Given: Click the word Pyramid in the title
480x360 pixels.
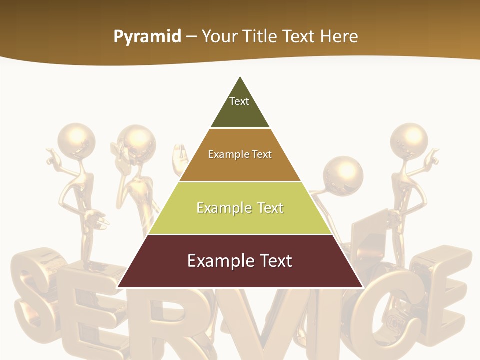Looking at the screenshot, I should [147, 37].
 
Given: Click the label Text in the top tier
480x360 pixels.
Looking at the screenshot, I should [239, 101].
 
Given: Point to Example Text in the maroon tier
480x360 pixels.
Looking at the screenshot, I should [240, 261].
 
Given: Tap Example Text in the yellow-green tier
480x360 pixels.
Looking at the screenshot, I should [240, 208].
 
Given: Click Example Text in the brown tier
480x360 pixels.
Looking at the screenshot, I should [240, 154].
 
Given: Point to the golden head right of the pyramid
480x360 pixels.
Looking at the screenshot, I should [343, 173].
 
